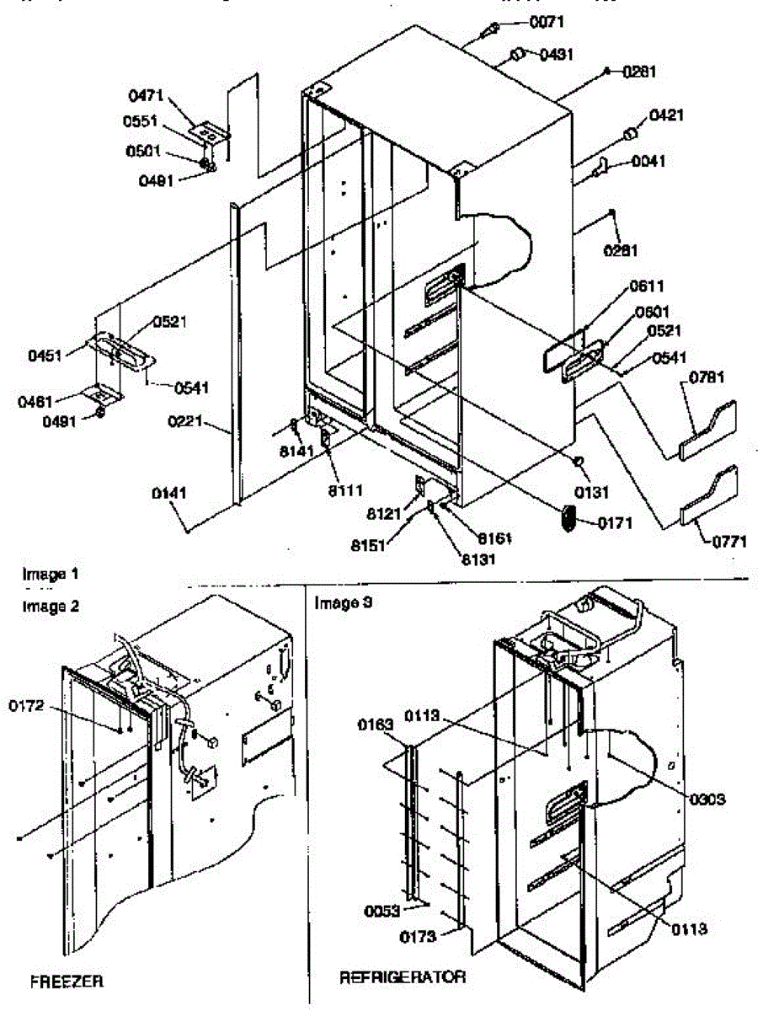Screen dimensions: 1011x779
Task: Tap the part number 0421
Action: point(666,115)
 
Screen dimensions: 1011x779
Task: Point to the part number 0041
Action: point(647,162)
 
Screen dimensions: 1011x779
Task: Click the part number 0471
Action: point(146,96)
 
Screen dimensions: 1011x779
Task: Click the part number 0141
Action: point(169,494)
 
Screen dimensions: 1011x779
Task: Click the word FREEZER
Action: point(67,982)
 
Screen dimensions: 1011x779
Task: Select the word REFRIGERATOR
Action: point(403,978)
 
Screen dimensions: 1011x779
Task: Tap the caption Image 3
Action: point(343,603)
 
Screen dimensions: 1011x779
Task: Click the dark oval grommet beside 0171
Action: point(568,518)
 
